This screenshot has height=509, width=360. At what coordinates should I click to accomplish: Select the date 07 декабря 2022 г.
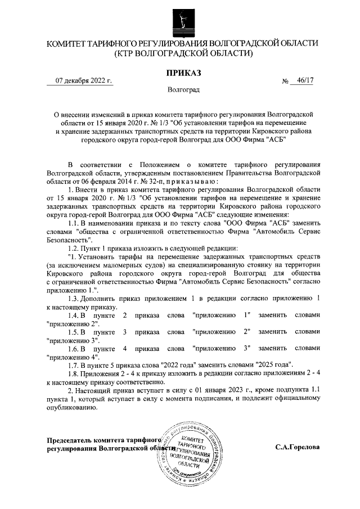click(x=84, y=81)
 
